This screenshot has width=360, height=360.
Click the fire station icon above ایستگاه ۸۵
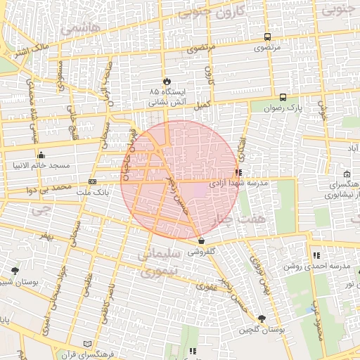[x=167, y=82]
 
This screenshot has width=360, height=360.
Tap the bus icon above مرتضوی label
[x=267, y=37]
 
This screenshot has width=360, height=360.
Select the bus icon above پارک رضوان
[x=283, y=98]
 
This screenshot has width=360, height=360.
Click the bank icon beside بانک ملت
[x=92, y=181]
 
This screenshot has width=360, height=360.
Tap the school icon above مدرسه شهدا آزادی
[x=239, y=172]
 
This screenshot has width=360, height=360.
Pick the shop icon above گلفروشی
[x=201, y=240]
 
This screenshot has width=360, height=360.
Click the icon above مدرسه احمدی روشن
[x=316, y=255]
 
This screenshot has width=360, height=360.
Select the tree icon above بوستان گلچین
[x=262, y=319]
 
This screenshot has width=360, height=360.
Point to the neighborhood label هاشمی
[x=80, y=30]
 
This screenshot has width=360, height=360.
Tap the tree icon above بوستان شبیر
[x=15, y=271]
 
